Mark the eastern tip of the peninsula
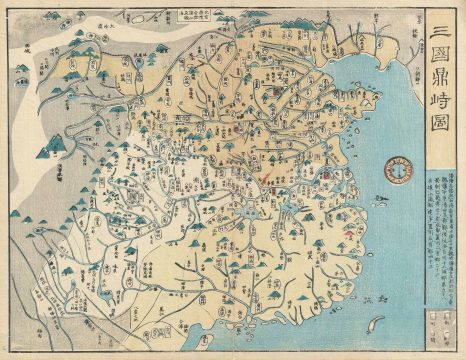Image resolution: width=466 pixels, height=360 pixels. (x=378, y=97)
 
